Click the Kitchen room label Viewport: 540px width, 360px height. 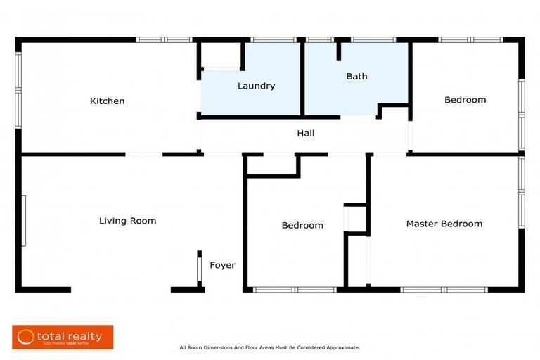107,101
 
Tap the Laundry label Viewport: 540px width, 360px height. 256,86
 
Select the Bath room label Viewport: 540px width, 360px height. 356,77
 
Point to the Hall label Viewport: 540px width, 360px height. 305,133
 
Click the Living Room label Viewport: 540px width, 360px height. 127,221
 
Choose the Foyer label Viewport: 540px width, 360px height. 222,265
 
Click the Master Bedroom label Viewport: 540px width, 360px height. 444,224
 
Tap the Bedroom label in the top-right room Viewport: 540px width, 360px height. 465,100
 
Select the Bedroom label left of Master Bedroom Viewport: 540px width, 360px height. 302,225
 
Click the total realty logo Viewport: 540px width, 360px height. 63,337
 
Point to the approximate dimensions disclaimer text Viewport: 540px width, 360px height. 269,347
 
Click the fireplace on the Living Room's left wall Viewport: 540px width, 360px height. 24,221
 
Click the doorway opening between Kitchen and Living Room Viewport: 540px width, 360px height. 144,154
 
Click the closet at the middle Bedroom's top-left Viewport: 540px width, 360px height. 271,164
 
